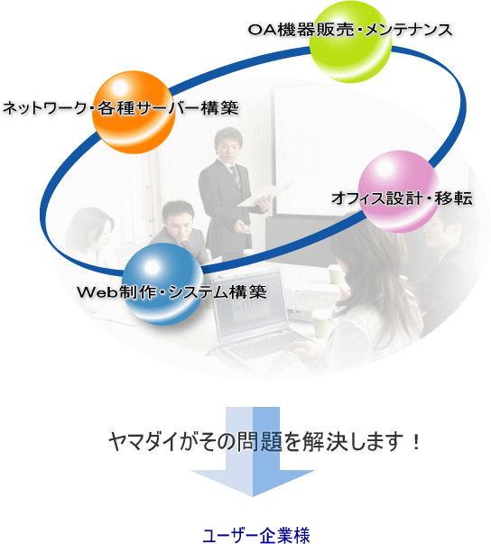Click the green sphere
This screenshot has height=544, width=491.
pos(350,41)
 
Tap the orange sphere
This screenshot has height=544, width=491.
pos(134,112)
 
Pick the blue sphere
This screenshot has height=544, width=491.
pos(163,284)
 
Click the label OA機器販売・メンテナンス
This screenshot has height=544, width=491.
pos(350,30)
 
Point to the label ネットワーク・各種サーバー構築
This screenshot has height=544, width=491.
pos(120,108)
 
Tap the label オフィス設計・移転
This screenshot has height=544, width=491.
pos(402,198)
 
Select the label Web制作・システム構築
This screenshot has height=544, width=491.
pos(171,292)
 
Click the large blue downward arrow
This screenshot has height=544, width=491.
pos(253,451)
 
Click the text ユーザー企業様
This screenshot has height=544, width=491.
pos(256,535)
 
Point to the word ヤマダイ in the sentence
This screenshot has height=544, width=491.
pos(144,442)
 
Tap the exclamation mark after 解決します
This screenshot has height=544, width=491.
pos(416,442)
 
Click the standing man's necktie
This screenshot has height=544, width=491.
pos(236,176)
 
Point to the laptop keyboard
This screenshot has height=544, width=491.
pos(260,346)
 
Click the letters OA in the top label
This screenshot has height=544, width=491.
pos(263,30)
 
